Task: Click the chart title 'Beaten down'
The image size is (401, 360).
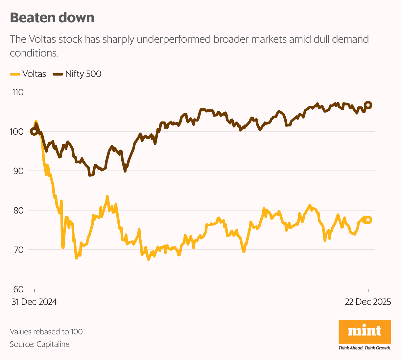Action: pos(52,18)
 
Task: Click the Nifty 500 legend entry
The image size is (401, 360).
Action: pos(78,74)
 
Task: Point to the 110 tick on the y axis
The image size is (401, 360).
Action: pos(18,92)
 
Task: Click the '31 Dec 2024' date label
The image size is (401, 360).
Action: pos(34,302)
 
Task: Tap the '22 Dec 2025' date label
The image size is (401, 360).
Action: pos(368,302)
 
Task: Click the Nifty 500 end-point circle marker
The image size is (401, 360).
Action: pos(368,105)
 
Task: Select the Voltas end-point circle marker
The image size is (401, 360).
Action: pos(368,220)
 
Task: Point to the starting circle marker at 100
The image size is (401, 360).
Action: pos(34,131)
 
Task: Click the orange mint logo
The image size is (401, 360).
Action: pos(365,331)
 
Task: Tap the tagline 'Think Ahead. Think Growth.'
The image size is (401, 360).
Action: pos(365,348)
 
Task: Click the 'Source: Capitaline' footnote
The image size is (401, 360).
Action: pos(40,344)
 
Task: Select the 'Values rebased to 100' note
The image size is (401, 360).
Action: pos(46,332)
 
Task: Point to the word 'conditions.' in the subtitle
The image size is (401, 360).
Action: pos(34,53)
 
